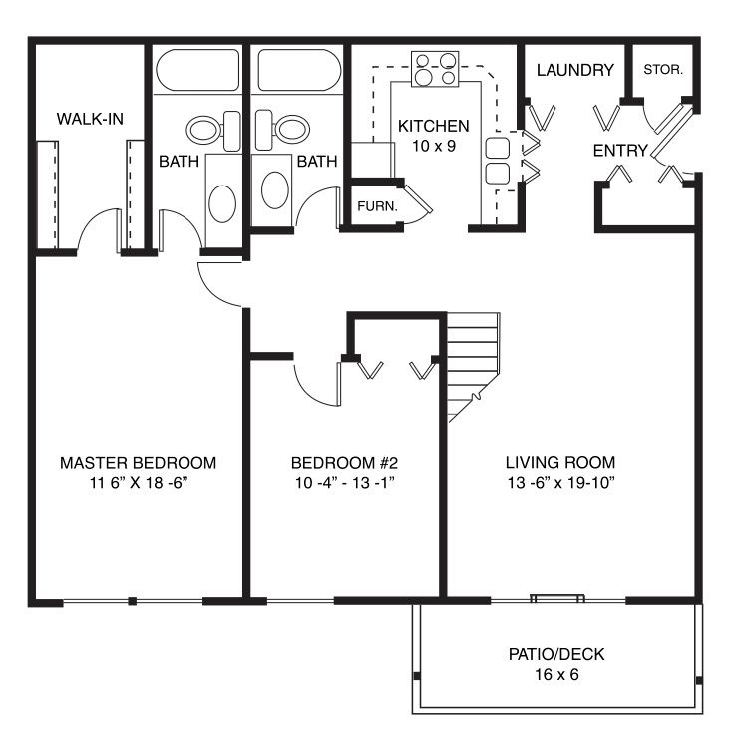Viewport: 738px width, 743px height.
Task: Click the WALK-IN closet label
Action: tap(90, 119)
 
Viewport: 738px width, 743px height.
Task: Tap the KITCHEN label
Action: tap(433, 126)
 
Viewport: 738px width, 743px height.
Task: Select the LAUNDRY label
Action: tap(575, 70)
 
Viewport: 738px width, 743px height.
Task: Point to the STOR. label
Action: tap(663, 70)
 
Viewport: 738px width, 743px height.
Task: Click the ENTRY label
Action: tap(620, 151)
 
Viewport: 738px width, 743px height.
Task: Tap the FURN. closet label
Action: tap(377, 206)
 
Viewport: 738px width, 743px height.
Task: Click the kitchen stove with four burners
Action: tap(435, 69)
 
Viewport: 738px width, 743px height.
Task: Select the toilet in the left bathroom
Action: tap(213, 131)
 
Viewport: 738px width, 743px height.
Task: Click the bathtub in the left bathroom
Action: tap(197, 70)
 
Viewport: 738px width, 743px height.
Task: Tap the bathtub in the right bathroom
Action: tap(299, 70)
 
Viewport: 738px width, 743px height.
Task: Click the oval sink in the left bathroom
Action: tap(222, 203)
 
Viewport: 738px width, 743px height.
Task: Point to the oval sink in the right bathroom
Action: tap(275, 190)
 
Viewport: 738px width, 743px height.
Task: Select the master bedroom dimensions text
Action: tap(139, 483)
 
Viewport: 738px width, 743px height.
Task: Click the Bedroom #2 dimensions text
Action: tap(345, 483)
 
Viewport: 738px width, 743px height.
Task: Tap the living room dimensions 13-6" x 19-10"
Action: tap(561, 483)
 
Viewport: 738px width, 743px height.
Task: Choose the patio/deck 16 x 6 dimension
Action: tap(556, 674)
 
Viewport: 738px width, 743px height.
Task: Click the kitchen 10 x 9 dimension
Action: tap(434, 146)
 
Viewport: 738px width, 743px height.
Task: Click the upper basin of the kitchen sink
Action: tap(498, 148)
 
